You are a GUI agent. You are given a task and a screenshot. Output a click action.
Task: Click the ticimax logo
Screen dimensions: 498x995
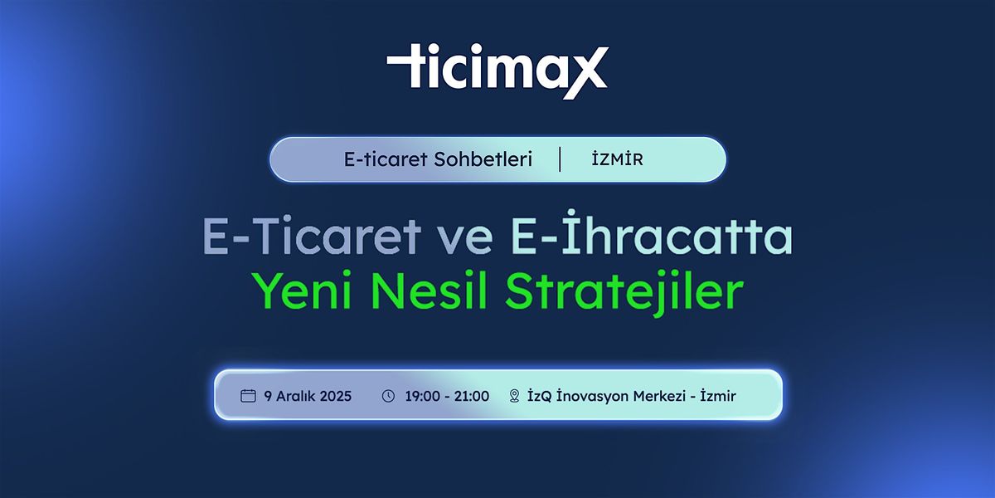498,71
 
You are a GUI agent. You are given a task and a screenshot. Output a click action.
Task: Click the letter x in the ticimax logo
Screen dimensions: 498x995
585,73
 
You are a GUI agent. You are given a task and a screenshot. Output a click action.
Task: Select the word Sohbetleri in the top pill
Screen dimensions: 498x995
483,159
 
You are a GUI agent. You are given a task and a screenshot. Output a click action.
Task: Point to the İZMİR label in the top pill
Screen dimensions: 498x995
617,159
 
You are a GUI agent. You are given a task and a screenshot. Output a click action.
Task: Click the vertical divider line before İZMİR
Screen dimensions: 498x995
560,159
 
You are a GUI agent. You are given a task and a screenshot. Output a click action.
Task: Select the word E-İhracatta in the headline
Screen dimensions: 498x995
647,238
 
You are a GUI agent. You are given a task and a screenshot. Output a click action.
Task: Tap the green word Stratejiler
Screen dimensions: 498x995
624,292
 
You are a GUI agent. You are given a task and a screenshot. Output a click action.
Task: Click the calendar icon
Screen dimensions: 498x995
248,396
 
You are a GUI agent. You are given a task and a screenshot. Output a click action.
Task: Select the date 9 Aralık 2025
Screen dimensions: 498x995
308,396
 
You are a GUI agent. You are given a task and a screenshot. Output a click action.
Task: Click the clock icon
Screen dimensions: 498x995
388,396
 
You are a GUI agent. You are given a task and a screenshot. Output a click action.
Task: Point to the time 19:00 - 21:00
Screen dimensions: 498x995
447,396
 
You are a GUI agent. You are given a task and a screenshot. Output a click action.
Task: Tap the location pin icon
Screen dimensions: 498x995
514,396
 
